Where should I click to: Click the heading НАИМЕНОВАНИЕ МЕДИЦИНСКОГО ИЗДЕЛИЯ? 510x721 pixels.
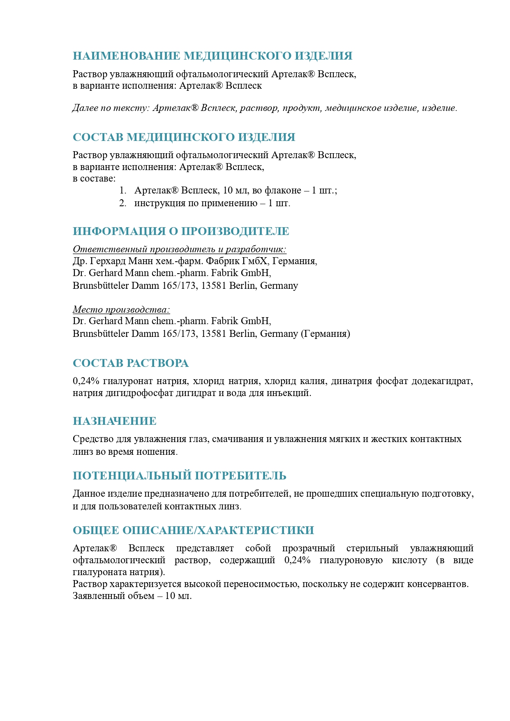(212, 56)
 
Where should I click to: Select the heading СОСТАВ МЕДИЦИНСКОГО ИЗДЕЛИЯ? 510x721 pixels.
(184, 137)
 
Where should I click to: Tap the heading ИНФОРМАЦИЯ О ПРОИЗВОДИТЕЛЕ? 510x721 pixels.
(181, 231)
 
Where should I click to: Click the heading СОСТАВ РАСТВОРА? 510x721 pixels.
(131, 363)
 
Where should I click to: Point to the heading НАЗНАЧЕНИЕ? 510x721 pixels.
(115, 421)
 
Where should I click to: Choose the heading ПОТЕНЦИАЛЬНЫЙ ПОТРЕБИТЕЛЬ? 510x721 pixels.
(180, 476)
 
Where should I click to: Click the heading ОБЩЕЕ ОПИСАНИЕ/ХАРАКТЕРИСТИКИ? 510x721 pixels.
(193, 530)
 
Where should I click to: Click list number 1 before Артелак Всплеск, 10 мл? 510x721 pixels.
(123, 191)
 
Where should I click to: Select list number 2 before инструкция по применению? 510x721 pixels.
(123, 203)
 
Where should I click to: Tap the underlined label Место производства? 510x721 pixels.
(121, 309)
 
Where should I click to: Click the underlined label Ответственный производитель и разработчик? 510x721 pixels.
(180, 249)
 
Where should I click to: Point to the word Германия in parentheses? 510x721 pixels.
(325, 334)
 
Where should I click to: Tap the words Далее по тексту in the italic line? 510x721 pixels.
(110, 108)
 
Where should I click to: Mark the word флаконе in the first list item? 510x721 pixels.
(282, 191)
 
